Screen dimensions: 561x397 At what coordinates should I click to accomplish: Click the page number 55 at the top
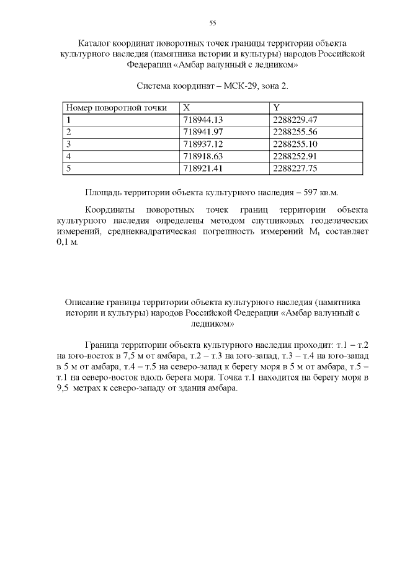pyautogui.click(x=212, y=23)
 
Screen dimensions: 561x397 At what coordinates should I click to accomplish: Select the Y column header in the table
pyautogui.click(x=276, y=108)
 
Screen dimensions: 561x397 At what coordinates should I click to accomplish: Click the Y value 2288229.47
pyautogui.click(x=295, y=120)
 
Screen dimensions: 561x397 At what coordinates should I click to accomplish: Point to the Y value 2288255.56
pyautogui.click(x=295, y=132)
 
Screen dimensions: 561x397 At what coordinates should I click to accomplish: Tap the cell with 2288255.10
pyautogui.click(x=295, y=144)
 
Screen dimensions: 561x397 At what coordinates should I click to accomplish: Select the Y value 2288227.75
pyautogui.click(x=295, y=168)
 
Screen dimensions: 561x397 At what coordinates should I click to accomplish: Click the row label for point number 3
pyautogui.click(x=69, y=144)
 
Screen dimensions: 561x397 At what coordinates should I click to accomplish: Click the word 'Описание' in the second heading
pyautogui.click(x=85, y=302)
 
